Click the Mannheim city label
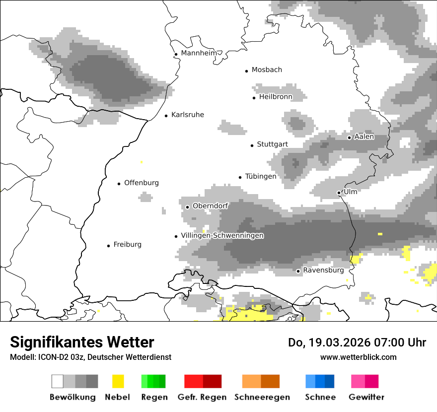coord(199,53)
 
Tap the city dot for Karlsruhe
coord(166,116)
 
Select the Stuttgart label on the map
coord(272,144)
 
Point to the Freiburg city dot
coord(108,246)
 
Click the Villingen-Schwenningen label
coord(222,236)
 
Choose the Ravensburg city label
coord(323,271)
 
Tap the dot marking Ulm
coord(339,193)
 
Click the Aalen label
coord(364,137)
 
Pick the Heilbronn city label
coord(276,97)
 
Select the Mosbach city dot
coord(246,71)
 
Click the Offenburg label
coord(142,183)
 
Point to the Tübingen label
coord(261,176)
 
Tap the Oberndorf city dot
coord(187,207)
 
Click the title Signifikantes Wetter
coord(82,342)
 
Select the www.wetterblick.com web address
coord(358,357)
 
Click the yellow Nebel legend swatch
coord(118,381)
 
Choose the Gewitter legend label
coord(366,397)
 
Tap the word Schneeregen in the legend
coord(262,397)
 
